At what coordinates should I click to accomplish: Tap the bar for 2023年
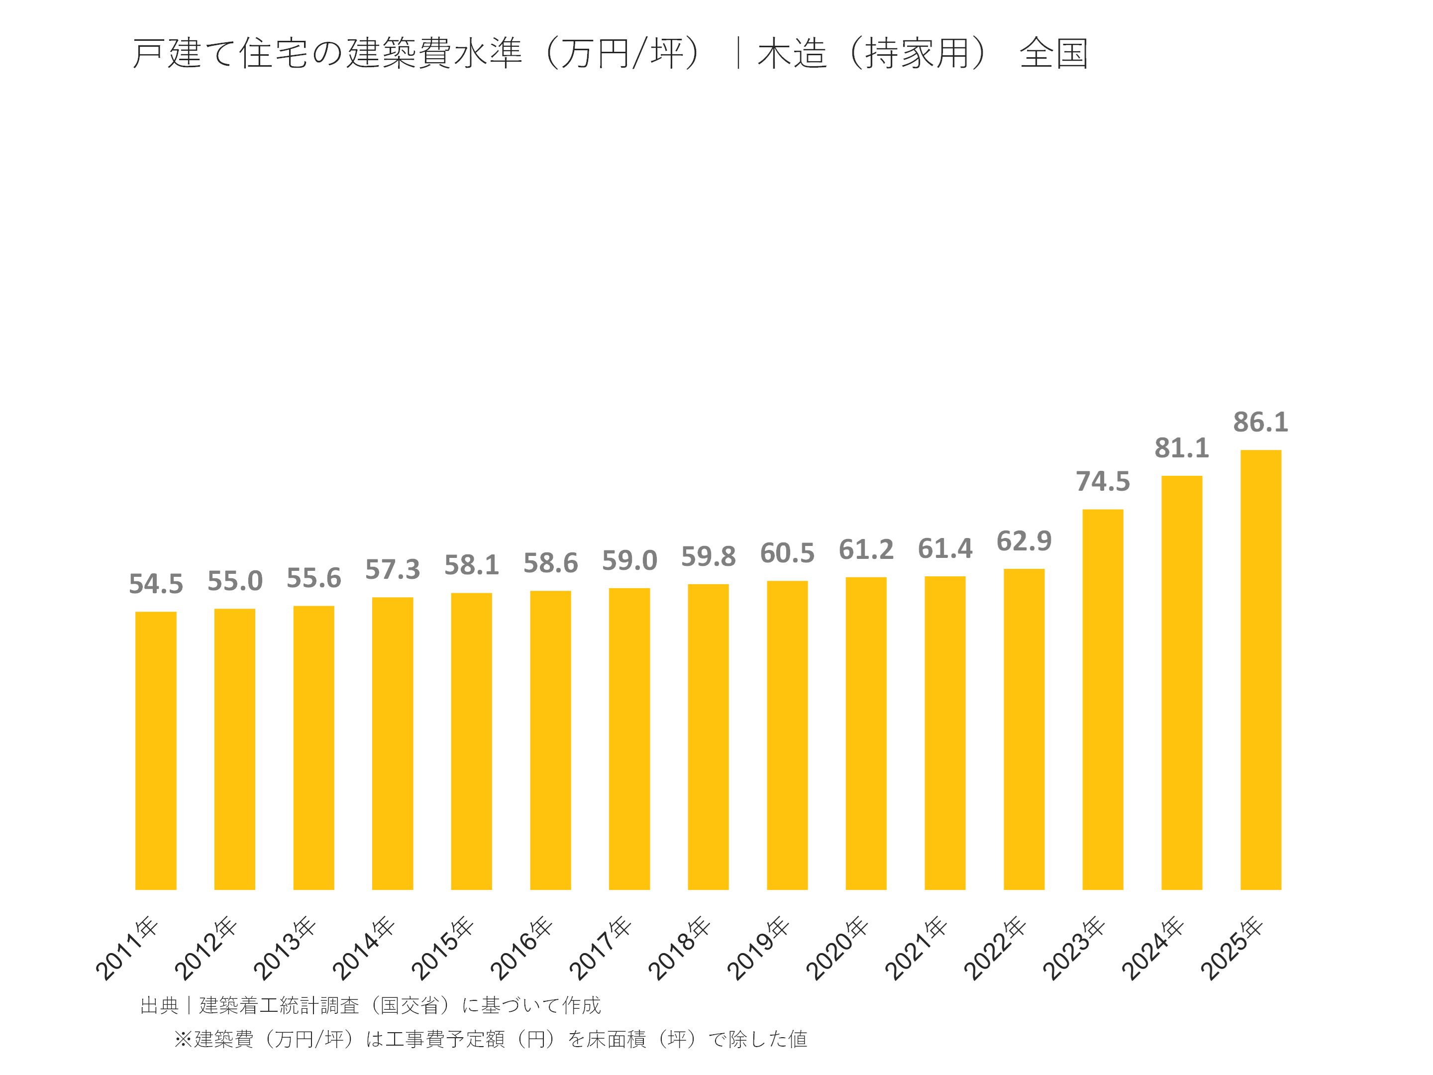point(1103,699)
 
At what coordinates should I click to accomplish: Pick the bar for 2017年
point(629,739)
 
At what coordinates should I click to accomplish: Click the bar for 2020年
point(865,733)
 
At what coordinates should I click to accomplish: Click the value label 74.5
point(1103,481)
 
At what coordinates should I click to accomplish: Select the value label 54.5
point(155,584)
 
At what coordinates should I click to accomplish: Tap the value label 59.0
point(629,560)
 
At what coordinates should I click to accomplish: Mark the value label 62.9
point(1024,541)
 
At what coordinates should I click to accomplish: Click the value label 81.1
point(1181,448)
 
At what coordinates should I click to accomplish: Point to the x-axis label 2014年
point(363,948)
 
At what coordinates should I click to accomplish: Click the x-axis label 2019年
point(757,948)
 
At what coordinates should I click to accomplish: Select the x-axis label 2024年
point(1152,948)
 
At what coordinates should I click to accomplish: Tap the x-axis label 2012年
point(205,948)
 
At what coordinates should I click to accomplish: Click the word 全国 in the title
point(1053,53)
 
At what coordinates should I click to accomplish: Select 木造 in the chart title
point(792,53)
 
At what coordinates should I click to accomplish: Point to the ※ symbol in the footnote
point(183,1039)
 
